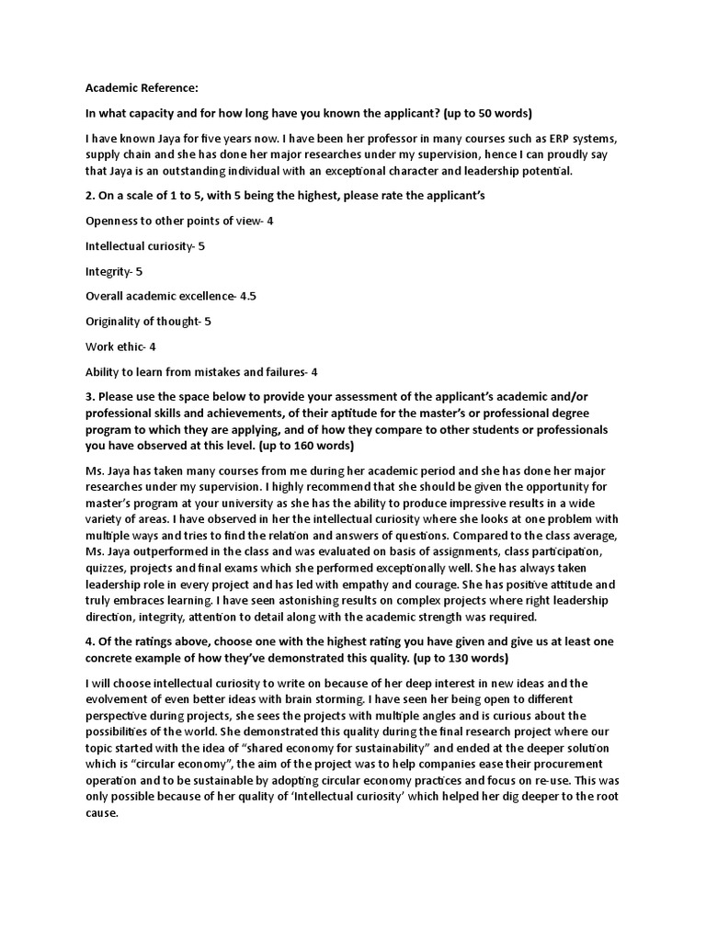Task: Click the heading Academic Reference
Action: [142, 88]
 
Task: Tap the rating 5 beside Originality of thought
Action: [208, 322]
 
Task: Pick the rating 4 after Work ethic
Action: [153, 346]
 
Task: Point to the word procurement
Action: [586, 765]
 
